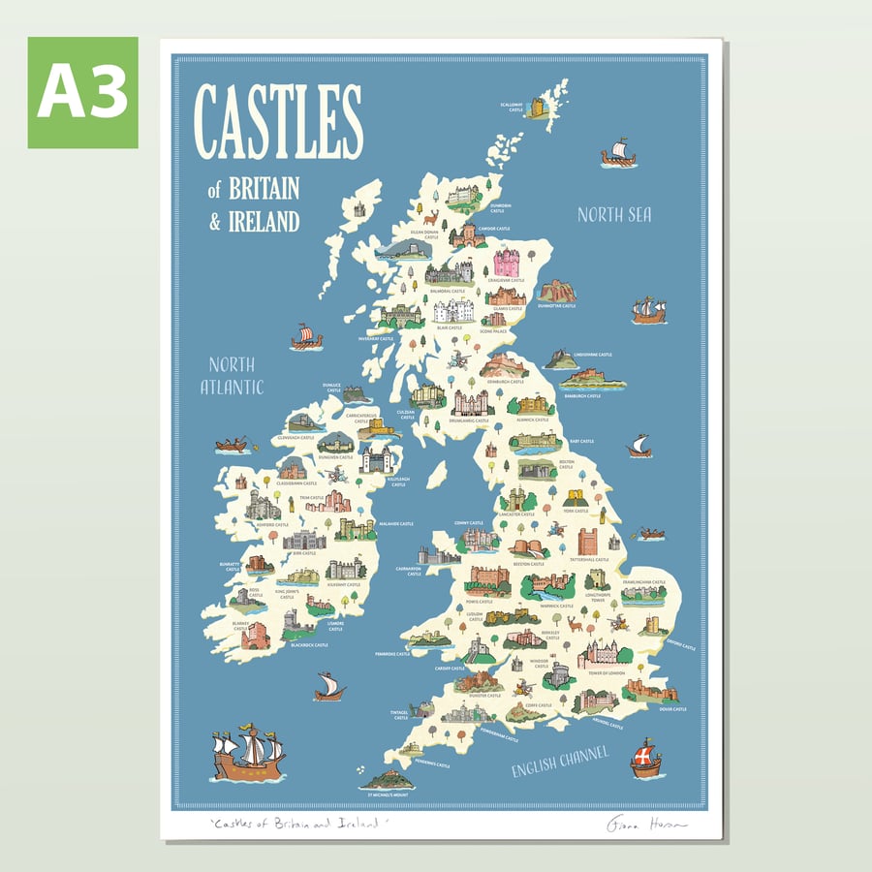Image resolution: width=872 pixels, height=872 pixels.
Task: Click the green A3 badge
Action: click(82, 92)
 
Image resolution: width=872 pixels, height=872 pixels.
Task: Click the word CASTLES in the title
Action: click(279, 122)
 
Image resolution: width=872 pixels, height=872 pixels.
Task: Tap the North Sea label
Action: click(614, 214)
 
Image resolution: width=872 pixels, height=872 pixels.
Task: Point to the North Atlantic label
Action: click(232, 376)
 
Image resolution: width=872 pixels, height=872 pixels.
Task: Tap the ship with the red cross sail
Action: click(645, 758)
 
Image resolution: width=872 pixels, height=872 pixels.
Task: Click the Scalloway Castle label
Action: click(512, 108)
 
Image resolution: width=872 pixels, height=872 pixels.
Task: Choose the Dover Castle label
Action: click(673, 709)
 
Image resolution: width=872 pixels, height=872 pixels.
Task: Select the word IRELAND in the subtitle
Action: click(264, 221)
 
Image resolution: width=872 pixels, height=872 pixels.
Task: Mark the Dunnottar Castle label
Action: click(557, 306)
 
